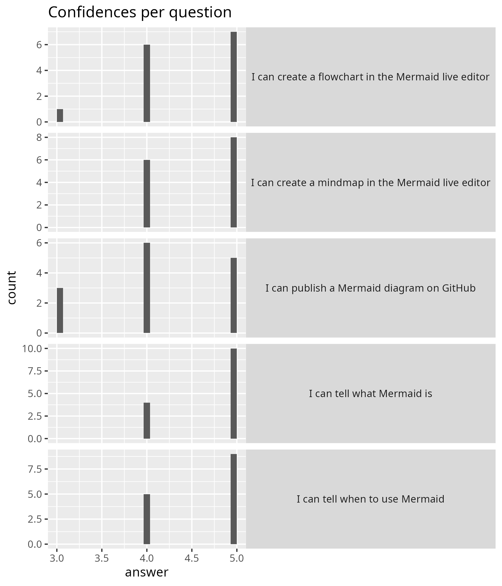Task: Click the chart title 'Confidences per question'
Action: [140, 13]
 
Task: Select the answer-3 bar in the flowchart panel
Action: [60, 116]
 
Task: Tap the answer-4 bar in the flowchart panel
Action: [147, 83]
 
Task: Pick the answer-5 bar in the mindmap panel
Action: [233, 182]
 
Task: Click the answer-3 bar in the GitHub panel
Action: [60, 310]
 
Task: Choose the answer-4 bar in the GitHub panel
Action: [147, 288]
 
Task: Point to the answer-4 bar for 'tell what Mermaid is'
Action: [147, 421]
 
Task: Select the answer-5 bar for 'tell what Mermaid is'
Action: [233, 393]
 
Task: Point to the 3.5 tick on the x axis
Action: [102, 558]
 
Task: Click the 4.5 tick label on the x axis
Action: [192, 558]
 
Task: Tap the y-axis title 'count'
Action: [12, 288]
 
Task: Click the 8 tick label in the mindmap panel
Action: [39, 138]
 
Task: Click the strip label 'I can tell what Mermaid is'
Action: [370, 394]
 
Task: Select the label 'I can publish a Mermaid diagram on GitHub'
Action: [370, 288]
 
